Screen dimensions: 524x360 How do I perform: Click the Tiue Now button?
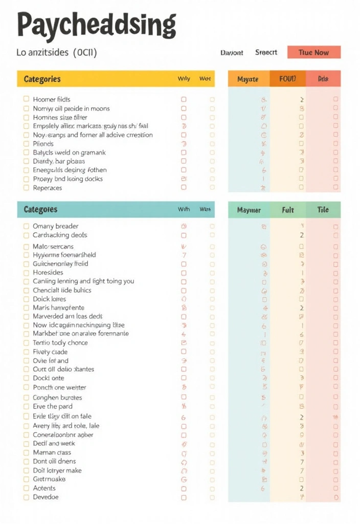(313, 52)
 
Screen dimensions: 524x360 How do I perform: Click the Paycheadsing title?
(97, 25)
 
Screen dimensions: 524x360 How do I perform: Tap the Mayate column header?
(248, 79)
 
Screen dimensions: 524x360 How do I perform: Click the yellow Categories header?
(42, 79)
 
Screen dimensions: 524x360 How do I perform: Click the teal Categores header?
(40, 209)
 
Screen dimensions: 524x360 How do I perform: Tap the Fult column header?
(288, 210)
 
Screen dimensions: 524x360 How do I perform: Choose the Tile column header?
(323, 210)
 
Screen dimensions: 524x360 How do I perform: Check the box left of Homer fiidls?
(26, 99)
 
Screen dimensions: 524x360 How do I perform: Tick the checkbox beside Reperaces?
(26, 188)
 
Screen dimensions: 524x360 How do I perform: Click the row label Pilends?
(43, 144)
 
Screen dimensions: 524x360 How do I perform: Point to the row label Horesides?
(48, 273)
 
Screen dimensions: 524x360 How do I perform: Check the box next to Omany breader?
(26, 226)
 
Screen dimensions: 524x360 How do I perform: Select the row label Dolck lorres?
(50, 299)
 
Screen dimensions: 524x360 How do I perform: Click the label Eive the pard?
(52, 406)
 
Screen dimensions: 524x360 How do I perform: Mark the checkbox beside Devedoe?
(26, 497)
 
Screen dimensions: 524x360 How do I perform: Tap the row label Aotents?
(44, 488)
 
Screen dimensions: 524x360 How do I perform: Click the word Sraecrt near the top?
(266, 52)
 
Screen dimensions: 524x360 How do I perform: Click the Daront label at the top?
(232, 52)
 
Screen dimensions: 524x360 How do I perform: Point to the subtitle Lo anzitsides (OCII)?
(56, 52)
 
